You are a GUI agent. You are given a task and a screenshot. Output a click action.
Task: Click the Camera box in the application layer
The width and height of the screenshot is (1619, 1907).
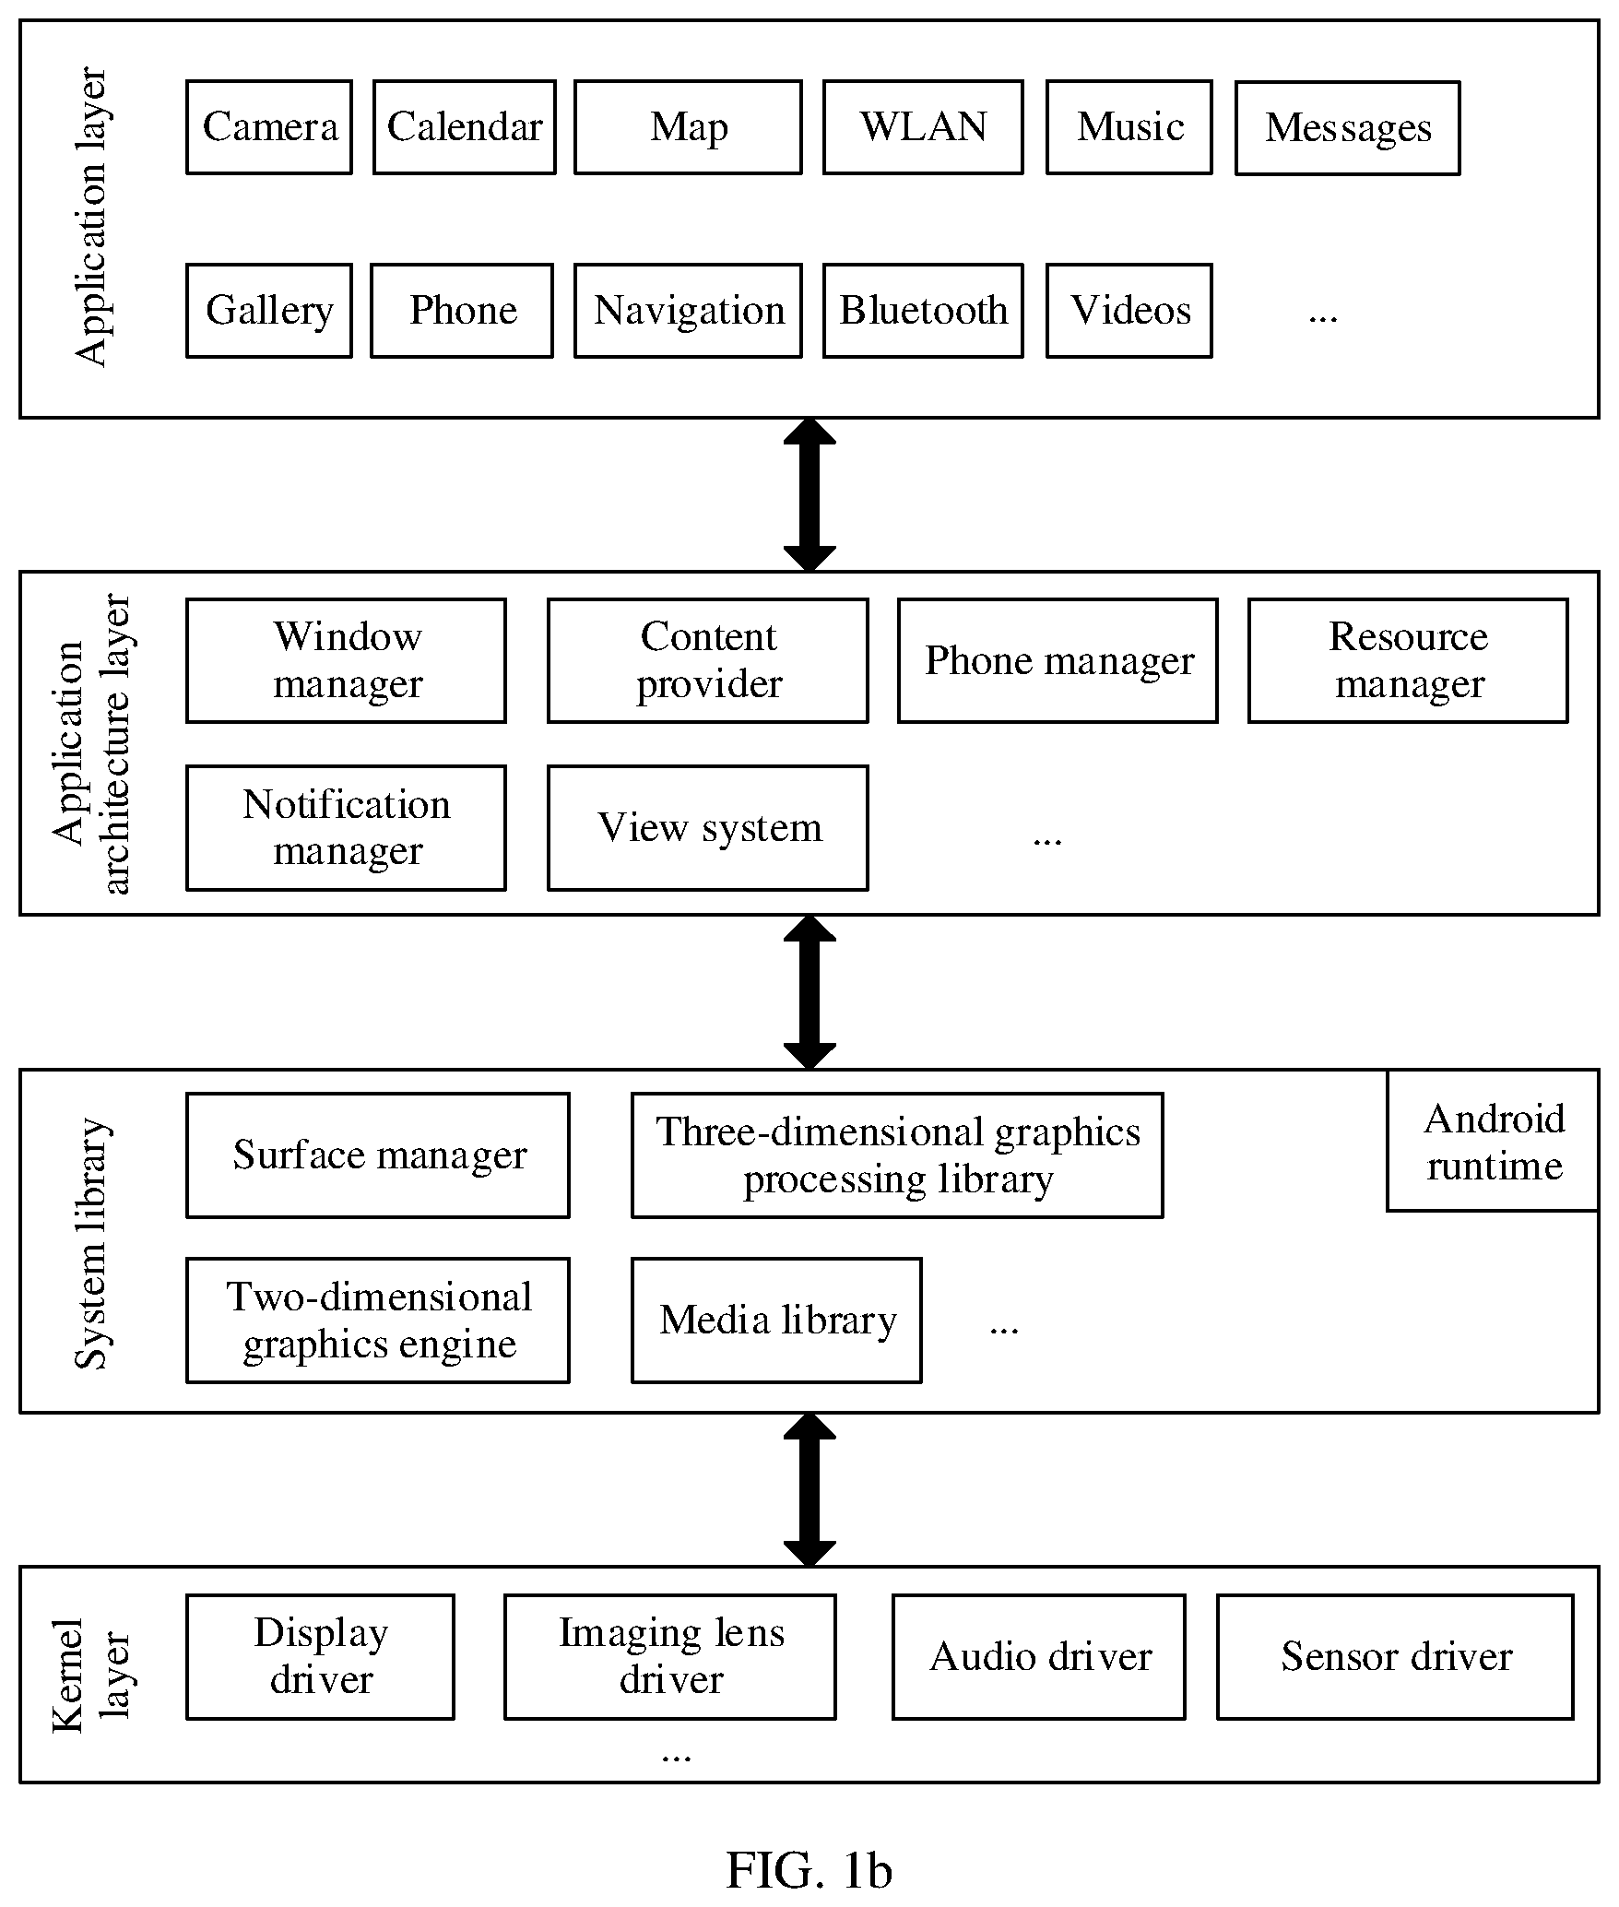269,127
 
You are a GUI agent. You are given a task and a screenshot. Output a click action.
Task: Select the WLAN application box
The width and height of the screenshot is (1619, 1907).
923,127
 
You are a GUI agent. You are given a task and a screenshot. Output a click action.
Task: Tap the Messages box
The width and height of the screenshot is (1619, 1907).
1347,128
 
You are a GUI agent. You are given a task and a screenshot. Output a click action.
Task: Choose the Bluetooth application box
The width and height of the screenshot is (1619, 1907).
923,311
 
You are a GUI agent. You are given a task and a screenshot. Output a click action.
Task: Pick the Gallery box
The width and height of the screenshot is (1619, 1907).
269,311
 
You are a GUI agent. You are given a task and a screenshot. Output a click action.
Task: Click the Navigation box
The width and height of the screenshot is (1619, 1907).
688,311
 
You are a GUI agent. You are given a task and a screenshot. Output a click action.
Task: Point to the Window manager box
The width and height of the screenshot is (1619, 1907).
346,660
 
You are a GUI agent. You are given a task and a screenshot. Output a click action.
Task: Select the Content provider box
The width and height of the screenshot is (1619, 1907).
708,660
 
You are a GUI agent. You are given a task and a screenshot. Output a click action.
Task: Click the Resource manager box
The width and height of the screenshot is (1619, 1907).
1408,660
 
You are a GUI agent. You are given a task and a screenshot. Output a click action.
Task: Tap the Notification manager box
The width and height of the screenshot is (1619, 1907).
346,828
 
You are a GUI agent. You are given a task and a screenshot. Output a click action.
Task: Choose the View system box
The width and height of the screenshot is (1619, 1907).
708,828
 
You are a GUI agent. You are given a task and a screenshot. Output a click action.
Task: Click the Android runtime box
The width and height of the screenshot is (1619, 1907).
1494,1141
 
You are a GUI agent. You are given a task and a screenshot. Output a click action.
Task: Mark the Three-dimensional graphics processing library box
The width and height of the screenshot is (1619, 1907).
897,1155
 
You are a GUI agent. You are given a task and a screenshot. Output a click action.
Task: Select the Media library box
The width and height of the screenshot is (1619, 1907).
776,1321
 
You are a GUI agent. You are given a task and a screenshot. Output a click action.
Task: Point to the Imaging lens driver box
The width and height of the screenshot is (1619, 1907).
670,1657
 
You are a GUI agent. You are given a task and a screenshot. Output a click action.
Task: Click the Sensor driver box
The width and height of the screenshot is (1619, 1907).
1395,1657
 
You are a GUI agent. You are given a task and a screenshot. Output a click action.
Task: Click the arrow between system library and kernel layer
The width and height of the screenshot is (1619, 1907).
809,1489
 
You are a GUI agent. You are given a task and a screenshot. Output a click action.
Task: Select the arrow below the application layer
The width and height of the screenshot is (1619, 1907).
809,495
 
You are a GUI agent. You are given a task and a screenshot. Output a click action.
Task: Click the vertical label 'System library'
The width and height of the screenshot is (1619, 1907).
92,1244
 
